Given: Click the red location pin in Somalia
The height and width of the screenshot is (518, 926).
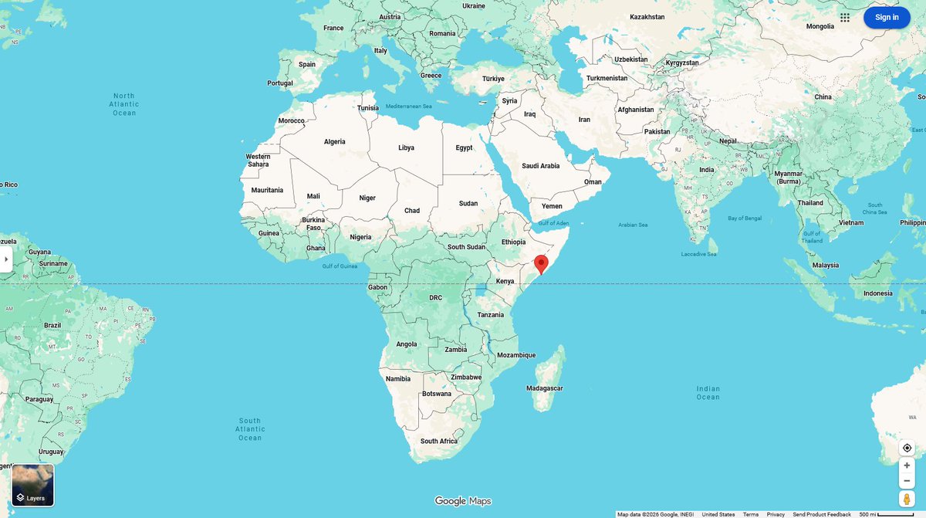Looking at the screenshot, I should point(541,264).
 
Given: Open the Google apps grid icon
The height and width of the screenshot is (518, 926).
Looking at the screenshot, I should point(845,17).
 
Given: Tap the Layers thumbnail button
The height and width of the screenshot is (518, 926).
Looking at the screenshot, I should point(33,485).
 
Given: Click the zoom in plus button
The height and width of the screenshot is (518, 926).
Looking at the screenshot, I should point(907,466).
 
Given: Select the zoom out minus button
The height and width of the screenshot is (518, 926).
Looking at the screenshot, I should point(907,481).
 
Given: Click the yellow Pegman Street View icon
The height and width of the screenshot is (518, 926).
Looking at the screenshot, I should point(907,499).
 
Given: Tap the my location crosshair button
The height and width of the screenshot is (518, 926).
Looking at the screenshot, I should point(907,448).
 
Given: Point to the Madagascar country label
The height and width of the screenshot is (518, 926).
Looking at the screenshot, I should point(544,388).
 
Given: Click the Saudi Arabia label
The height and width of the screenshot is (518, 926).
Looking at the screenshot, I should point(540,166).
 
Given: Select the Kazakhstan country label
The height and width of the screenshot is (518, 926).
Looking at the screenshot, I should point(647,17).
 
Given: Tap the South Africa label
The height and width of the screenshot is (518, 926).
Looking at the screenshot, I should point(438,442).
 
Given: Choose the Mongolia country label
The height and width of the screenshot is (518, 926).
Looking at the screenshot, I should point(820,26).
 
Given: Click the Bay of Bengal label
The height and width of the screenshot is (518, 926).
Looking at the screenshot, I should point(745,218).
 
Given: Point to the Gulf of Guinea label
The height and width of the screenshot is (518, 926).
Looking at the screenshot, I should point(340,266).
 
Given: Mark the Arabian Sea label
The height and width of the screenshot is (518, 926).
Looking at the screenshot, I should point(633,225).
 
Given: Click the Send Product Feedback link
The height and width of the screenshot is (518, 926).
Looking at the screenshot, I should point(822,514).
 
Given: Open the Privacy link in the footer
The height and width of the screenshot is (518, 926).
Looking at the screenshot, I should point(776,514).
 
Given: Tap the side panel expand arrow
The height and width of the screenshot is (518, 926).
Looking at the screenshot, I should point(6,259).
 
